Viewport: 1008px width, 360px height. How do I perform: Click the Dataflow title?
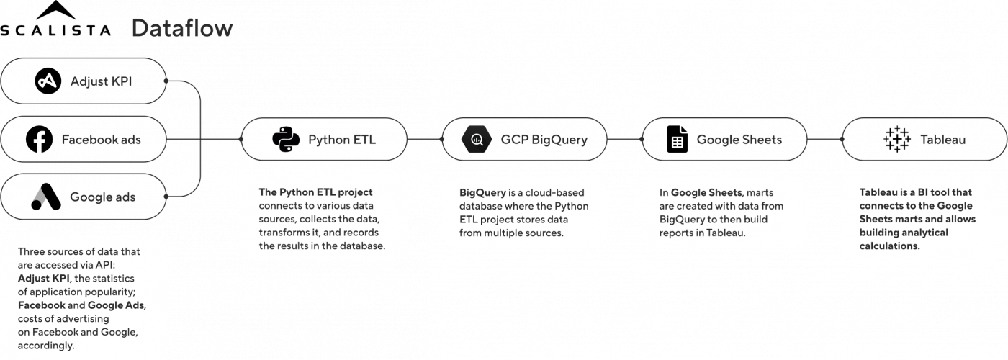point(181,29)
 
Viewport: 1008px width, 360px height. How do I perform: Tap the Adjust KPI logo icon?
point(48,81)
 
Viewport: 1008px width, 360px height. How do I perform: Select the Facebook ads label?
point(101,139)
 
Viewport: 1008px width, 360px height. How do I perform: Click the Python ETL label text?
point(341,139)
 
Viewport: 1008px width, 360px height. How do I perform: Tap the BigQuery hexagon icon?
point(476,139)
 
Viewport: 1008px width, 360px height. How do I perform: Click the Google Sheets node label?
point(739,139)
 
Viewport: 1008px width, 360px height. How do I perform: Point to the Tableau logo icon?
point(897,139)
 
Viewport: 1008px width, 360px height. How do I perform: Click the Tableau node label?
point(943,139)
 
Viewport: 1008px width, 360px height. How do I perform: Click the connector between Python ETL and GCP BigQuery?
point(424,139)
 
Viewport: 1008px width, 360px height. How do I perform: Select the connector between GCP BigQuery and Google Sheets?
point(624,139)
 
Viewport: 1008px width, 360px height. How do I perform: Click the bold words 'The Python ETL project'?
point(316,192)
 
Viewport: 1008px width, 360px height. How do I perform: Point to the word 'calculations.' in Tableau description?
point(890,246)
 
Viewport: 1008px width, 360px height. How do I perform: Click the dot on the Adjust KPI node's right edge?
point(167,81)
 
